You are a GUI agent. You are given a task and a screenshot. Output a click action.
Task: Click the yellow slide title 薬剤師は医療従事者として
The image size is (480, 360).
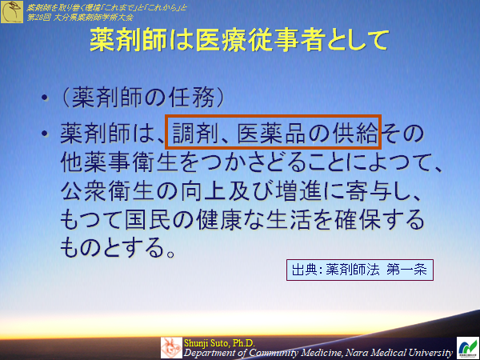click(239, 40)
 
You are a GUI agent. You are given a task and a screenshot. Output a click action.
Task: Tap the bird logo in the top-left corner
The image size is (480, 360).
click(12, 11)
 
